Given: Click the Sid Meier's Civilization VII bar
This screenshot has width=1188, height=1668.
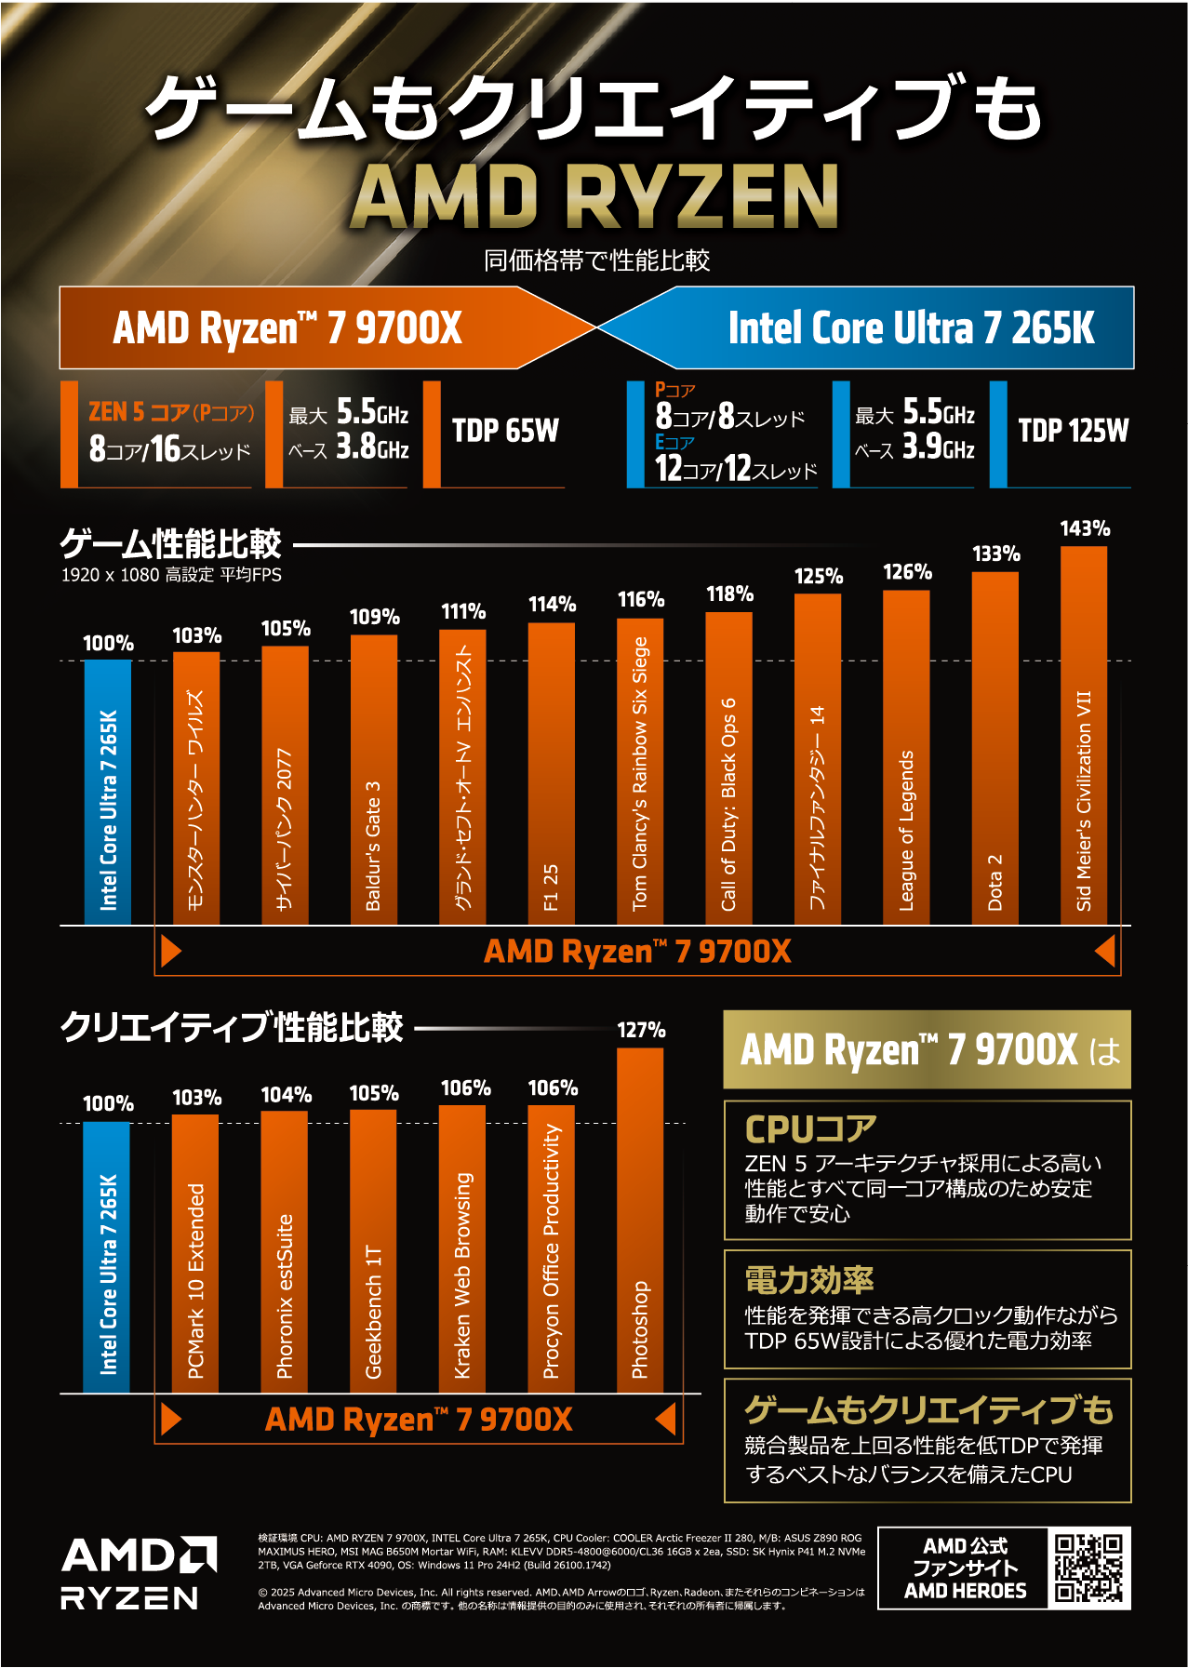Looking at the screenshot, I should point(1084,735).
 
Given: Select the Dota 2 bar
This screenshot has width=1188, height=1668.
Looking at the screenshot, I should point(994,748).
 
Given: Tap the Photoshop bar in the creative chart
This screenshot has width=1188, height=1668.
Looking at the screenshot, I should point(640,1220).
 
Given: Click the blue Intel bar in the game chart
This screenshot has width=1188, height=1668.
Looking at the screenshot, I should point(108,792).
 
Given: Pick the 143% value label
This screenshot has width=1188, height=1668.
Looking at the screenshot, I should point(1085,528).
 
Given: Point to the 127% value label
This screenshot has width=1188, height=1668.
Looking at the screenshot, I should point(641,1030).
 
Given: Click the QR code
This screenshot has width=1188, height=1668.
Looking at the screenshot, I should point(1088,1568).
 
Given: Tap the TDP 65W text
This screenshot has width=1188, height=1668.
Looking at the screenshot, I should point(505,431).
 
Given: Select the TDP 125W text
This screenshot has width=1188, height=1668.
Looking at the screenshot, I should point(1073,431).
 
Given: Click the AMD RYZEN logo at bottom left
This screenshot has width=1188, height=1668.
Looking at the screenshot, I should point(139,1573).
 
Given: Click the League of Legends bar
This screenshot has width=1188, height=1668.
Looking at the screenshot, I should point(906,757).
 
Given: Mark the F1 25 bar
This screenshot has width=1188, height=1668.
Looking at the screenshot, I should point(552,773).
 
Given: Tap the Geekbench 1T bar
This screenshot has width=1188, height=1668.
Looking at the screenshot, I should point(373,1250).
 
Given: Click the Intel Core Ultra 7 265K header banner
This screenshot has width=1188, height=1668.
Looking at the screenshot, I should point(910,328).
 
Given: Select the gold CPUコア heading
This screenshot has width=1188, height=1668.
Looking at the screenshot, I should point(810,1128).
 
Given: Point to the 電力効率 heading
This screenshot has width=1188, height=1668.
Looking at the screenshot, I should point(808,1280).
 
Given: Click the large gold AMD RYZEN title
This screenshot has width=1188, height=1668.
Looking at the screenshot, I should point(594,196).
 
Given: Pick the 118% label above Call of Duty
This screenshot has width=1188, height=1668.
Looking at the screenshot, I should point(729,594).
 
